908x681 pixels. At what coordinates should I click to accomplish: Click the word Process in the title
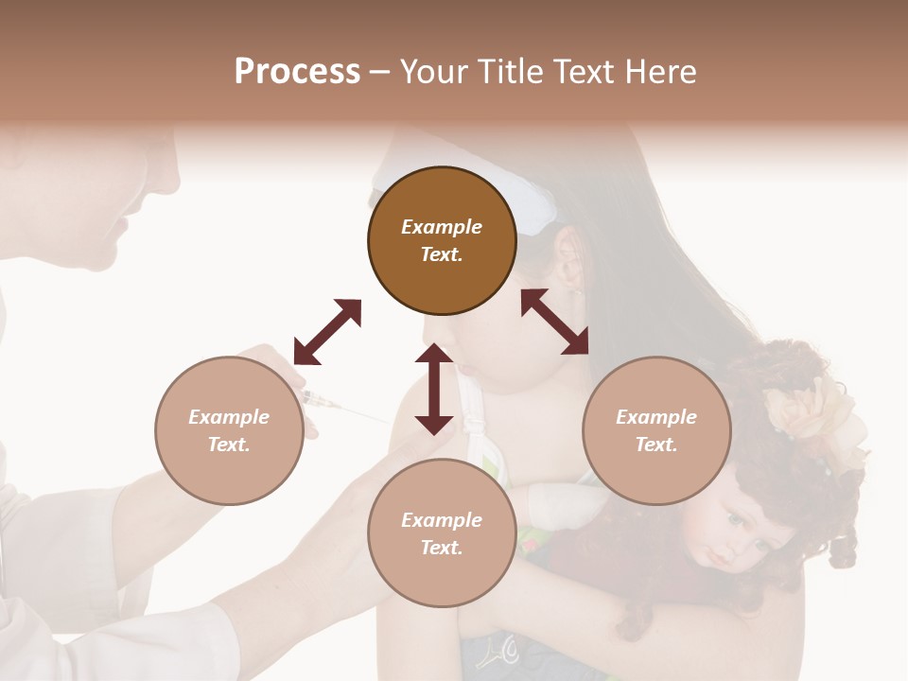297,72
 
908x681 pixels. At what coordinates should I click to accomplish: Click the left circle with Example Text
229,430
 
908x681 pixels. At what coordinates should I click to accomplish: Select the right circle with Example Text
656,430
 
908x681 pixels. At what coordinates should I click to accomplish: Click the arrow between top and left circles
327,332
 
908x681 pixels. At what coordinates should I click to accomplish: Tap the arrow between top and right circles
554,322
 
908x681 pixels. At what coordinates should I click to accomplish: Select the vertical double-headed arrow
434,389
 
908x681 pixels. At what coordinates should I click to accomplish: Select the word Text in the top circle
441,254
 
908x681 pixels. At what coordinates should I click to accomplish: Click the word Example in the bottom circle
441,520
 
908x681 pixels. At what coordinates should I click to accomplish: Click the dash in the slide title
379,72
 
